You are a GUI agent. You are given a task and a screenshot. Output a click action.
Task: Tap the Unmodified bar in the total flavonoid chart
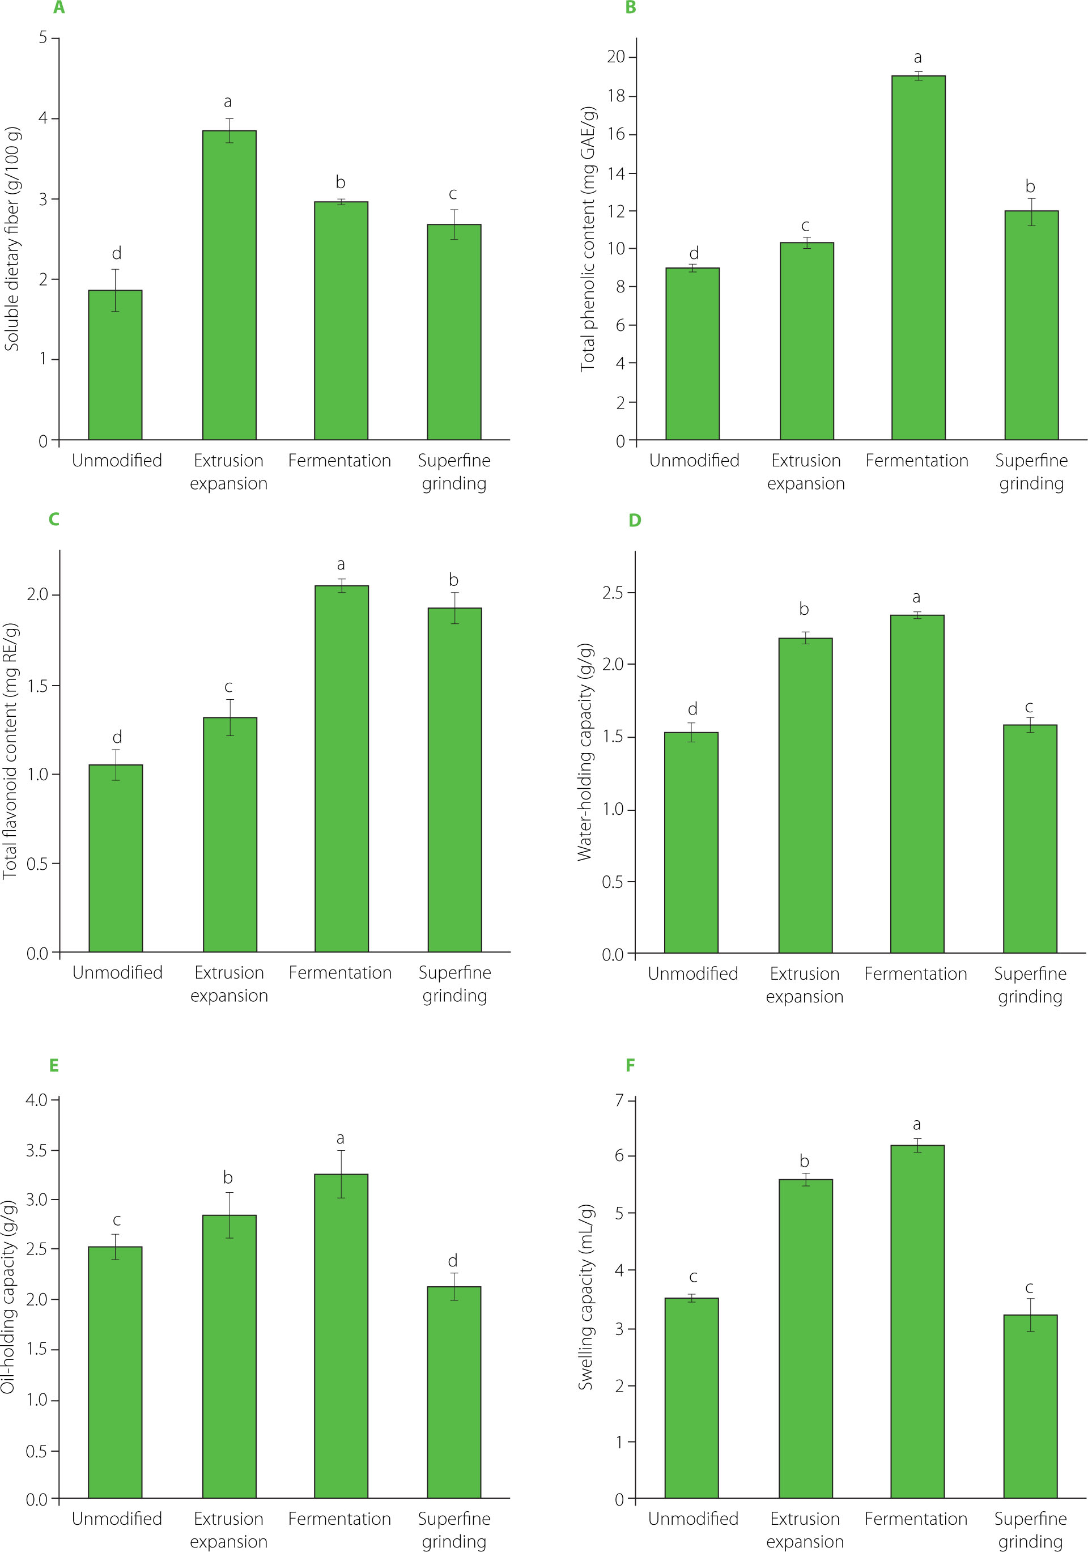tap(116, 858)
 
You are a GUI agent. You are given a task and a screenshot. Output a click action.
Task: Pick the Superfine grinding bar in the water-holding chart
tap(1029, 839)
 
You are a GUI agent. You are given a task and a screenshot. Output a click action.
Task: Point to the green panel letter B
tap(630, 8)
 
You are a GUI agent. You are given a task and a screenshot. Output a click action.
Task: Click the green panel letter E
tap(54, 1066)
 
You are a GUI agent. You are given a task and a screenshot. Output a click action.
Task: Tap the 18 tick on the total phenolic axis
tap(616, 96)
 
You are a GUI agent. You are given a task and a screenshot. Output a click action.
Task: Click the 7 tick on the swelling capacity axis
tap(619, 1100)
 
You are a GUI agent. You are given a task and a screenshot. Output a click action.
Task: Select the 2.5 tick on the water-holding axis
tap(613, 593)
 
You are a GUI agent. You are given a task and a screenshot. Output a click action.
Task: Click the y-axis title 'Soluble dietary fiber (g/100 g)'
tap(12, 238)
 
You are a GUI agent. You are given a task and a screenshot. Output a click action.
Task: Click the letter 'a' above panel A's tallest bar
tap(228, 102)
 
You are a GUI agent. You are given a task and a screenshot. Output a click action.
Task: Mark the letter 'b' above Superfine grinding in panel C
tap(454, 580)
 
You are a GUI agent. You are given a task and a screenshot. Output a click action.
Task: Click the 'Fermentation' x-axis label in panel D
tap(916, 974)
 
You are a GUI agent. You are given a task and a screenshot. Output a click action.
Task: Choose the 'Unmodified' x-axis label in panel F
tap(693, 1519)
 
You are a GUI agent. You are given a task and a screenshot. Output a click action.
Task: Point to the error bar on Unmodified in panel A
tap(116, 291)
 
